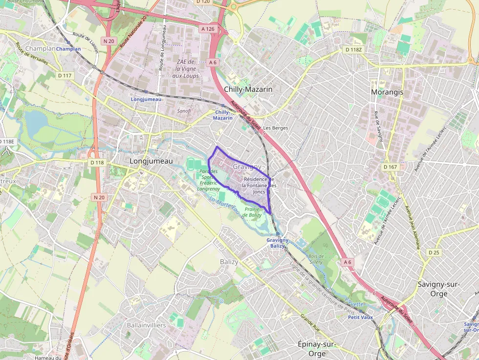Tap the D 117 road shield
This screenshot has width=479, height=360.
pyautogui.click(x=65, y=76)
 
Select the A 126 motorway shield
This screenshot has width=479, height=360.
pyautogui.click(x=208, y=29)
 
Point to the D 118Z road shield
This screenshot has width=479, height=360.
pyautogui.click(x=353, y=50)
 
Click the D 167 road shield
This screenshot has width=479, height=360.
pyautogui.click(x=391, y=167)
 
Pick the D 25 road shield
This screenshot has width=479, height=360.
pyautogui.click(x=434, y=253)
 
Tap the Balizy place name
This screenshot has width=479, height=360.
pyautogui.click(x=229, y=262)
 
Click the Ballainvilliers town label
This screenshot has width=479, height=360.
pyautogui.click(x=146, y=325)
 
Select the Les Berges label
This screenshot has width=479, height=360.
pyautogui.click(x=276, y=128)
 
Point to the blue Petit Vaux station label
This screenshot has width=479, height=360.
pyautogui.click(x=360, y=317)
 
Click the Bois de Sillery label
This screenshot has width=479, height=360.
pyautogui.click(x=316, y=259)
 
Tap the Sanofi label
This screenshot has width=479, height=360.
pyautogui.click(x=184, y=111)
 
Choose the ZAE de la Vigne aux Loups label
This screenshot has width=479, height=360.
pyautogui.click(x=186, y=69)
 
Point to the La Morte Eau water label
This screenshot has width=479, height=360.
pyautogui.click(x=225, y=205)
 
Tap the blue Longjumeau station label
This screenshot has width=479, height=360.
pyautogui.click(x=146, y=99)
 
